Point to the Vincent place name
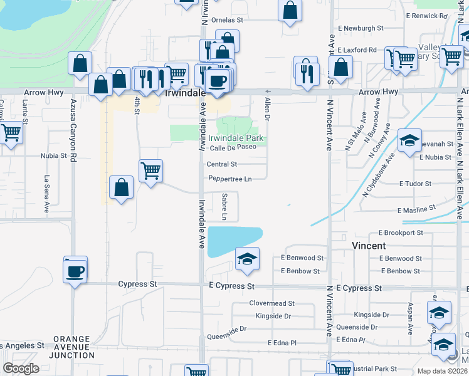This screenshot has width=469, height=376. [369, 246]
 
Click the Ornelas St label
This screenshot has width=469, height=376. [227, 20]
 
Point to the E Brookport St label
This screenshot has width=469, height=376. [401, 232]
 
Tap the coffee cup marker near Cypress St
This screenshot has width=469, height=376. [75, 271]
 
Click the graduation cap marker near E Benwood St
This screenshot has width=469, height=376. [248, 259]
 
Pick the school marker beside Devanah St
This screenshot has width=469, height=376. [409, 142]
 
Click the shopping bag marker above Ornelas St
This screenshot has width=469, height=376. [289, 10]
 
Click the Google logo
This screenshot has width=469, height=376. [21, 368]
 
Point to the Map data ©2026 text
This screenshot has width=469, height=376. [441, 371]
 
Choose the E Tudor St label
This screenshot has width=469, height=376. [415, 184]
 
